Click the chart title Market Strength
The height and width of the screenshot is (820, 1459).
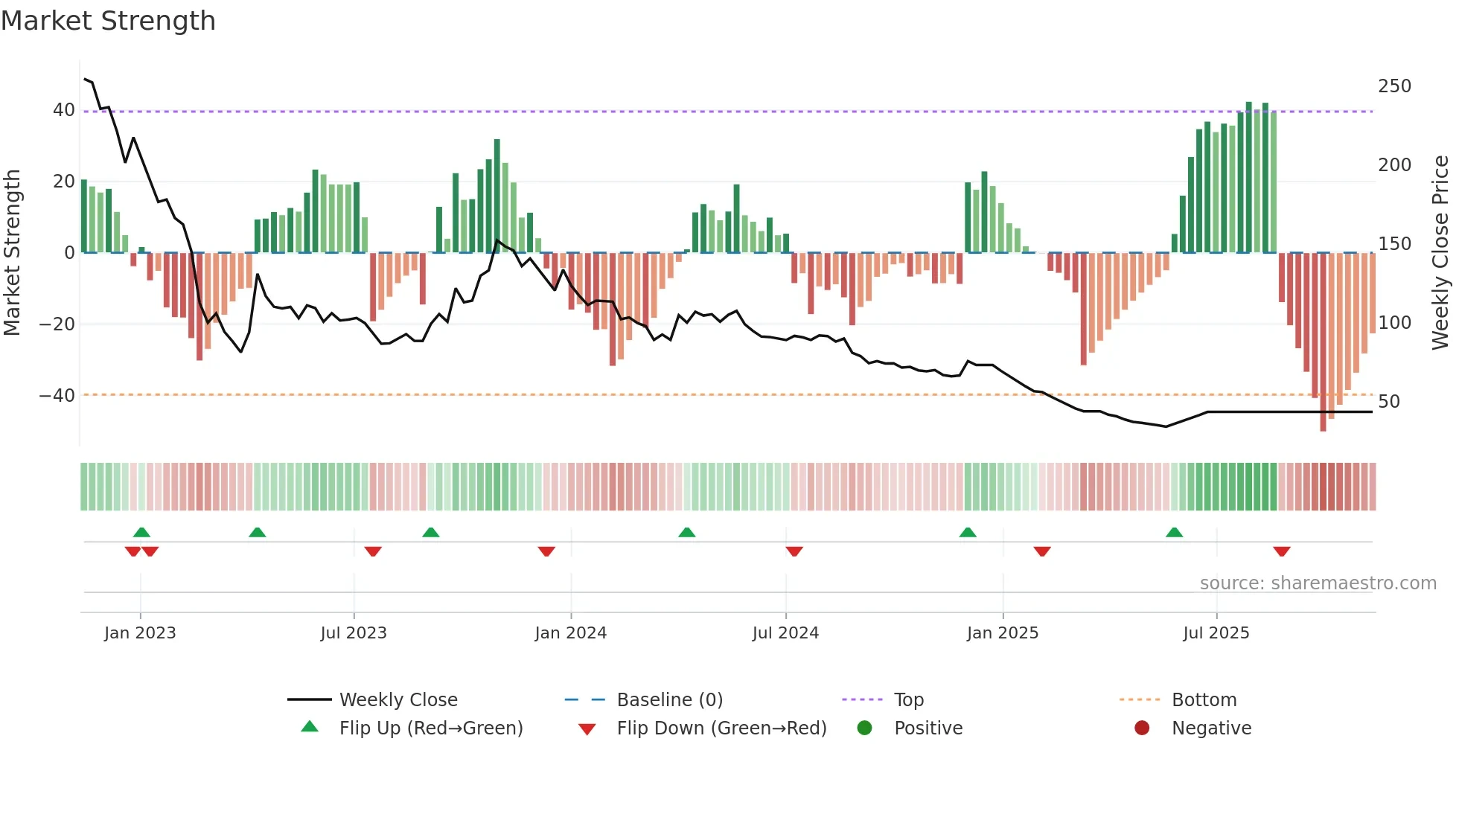[109, 21]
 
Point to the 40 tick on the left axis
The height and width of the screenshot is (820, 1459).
[63, 110]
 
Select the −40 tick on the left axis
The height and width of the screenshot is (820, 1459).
[57, 396]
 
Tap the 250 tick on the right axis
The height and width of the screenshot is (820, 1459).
[1394, 86]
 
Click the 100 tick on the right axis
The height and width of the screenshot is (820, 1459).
[1394, 323]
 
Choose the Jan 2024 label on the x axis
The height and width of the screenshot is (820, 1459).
[570, 633]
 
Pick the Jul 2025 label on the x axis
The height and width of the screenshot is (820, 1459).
[1216, 633]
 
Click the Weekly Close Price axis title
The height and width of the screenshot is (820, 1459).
[1440, 253]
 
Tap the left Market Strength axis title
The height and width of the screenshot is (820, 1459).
[12, 253]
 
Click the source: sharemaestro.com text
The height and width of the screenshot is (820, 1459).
[1318, 583]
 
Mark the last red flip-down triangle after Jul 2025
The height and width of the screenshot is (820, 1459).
[1281, 551]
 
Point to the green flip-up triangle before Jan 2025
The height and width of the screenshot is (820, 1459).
[968, 532]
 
